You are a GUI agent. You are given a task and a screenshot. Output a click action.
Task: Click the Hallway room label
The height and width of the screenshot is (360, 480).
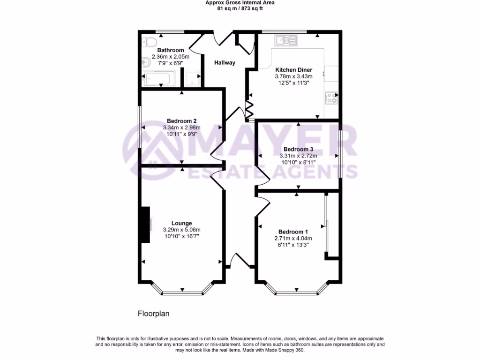click(x=225, y=63)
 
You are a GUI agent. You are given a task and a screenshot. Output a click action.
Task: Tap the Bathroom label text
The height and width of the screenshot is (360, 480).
click(x=170, y=50)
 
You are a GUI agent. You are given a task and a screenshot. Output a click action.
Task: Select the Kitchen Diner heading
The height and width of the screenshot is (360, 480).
click(x=293, y=70)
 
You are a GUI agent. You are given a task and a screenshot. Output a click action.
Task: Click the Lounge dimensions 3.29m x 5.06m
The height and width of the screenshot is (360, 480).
click(x=181, y=230)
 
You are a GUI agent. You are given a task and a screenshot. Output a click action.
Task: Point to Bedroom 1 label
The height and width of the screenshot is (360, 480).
click(x=293, y=232)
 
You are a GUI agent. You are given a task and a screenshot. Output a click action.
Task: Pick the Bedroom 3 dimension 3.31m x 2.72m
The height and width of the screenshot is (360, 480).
click(x=298, y=156)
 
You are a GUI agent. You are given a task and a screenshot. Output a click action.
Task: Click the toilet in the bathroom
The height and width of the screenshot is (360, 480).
click(x=149, y=42)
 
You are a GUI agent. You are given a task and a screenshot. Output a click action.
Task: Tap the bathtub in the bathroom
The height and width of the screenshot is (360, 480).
click(x=159, y=79)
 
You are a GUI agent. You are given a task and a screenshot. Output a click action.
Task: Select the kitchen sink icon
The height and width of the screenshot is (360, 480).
click(x=285, y=40)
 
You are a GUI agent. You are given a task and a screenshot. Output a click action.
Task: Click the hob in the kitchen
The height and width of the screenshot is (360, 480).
click(x=331, y=97)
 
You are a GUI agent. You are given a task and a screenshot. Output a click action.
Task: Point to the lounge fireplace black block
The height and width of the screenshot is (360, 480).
click(x=145, y=225)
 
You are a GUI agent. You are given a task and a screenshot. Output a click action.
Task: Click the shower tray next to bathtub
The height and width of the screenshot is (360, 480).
click(x=191, y=79)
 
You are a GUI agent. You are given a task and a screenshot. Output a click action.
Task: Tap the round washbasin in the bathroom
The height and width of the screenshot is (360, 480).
click(x=145, y=60)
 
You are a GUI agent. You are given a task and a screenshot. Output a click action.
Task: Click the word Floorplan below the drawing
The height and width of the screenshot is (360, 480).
click(x=153, y=314)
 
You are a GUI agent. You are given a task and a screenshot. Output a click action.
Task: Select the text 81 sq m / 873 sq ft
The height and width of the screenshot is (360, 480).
click(x=240, y=8)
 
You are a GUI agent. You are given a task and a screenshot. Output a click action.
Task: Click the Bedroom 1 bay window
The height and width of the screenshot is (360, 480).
click(x=296, y=293)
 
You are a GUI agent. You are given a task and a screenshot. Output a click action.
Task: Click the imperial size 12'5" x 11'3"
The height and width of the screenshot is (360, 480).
click(x=293, y=82)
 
